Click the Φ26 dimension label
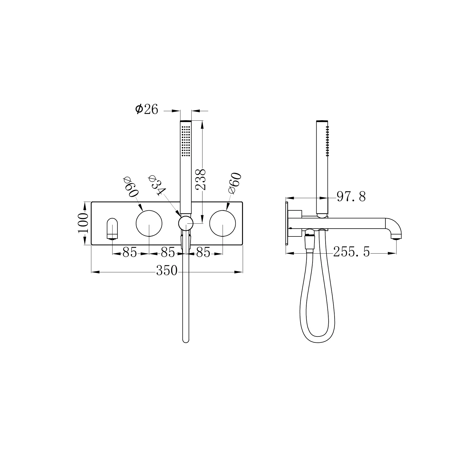tap(147, 110)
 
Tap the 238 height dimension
tap(201, 179)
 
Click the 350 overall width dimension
tap(167, 271)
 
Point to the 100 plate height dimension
tap(83, 223)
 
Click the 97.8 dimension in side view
tap(351, 196)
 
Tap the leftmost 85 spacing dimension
tap(130, 253)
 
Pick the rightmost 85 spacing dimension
tap(203, 253)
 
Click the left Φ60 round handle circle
tap(149, 223)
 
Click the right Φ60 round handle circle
tap(223, 223)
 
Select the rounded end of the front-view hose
tap(186, 340)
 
